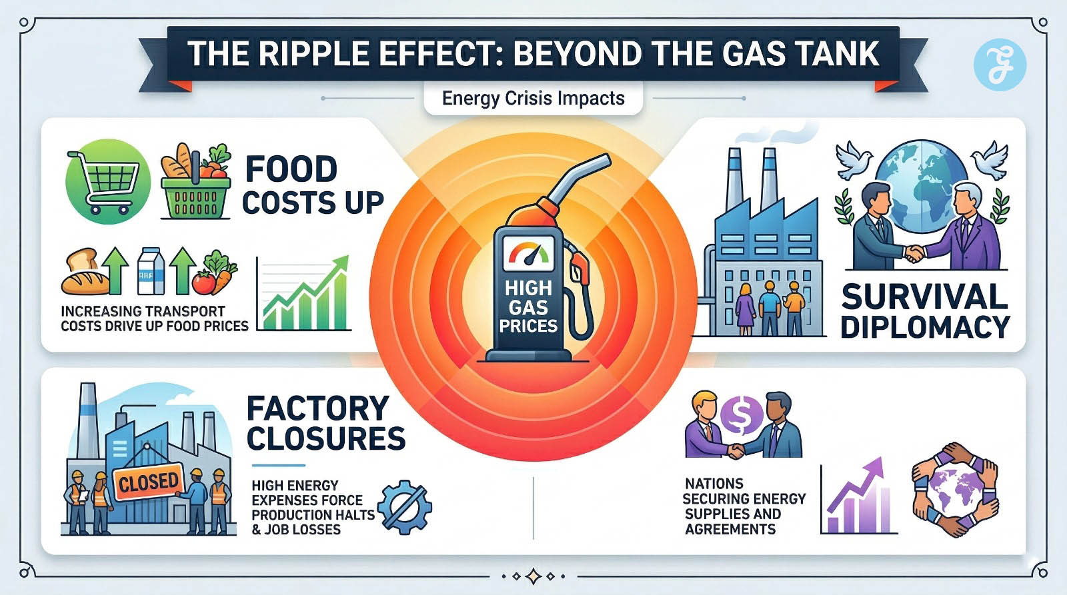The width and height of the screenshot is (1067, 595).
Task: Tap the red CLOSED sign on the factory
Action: pos(149,482)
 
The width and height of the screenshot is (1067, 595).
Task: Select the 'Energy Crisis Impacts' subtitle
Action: pos(533,99)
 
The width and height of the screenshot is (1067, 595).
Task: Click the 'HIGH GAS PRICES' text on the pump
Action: pos(528,307)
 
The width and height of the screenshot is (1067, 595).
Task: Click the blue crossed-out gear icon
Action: pos(404,507)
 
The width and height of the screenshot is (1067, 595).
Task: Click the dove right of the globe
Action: pos(990,159)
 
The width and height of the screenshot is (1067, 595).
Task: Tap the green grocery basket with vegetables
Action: pos(195,183)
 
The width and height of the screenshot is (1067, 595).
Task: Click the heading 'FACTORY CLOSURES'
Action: pos(325,423)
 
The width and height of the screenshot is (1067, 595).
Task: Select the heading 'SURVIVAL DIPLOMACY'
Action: pos(925,311)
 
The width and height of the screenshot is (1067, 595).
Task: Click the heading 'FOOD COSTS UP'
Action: pos(312,186)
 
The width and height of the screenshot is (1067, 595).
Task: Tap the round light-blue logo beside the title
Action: pos(999,64)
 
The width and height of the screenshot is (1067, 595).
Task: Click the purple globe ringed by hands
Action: pos(955,489)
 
